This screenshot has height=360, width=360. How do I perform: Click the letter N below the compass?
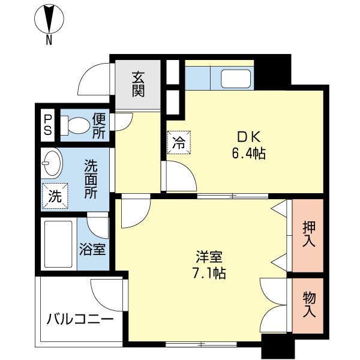49,40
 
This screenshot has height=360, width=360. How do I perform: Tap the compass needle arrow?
49,19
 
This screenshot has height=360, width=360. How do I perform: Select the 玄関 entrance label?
138,84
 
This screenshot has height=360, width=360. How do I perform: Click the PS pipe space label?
48,125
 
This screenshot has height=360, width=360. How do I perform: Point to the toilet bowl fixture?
76,125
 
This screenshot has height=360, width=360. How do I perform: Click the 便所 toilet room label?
99,126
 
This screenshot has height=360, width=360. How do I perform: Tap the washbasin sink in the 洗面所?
52,163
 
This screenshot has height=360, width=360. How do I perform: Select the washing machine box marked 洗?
55,196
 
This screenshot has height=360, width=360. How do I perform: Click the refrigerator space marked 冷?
179,142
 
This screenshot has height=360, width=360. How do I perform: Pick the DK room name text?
248,138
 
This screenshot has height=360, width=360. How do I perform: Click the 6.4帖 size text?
249,154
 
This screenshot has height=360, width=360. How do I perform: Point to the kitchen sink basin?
236,79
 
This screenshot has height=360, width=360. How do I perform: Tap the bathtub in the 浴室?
58,244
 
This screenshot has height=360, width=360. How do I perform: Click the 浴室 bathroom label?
93,250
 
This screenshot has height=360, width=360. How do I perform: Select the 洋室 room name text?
209,257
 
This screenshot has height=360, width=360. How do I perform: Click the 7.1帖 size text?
209,273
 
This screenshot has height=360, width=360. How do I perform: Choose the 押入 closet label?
309,234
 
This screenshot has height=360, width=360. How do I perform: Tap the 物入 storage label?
309,304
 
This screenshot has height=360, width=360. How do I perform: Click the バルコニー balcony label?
80,319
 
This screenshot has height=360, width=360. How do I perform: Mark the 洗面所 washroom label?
91,179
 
